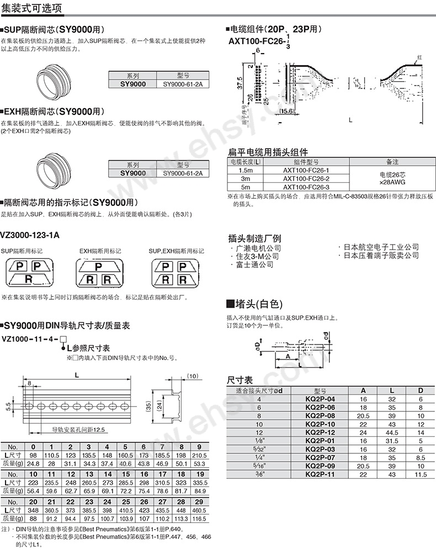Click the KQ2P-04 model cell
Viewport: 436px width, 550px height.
(320, 398)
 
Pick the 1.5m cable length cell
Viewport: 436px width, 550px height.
(245, 170)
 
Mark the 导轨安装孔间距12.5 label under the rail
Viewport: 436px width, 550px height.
(78, 430)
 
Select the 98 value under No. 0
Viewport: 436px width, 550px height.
(33, 454)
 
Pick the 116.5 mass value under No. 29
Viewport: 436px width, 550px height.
(199, 519)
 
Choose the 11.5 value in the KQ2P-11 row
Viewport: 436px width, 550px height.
(421, 474)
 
